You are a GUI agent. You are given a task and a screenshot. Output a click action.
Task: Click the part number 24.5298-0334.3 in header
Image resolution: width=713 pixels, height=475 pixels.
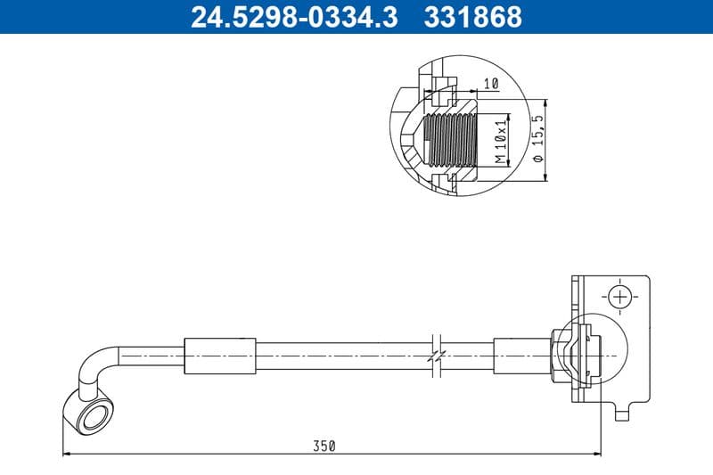click(x=295, y=17)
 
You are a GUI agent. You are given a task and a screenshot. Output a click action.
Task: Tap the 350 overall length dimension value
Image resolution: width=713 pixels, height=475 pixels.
click(x=324, y=446)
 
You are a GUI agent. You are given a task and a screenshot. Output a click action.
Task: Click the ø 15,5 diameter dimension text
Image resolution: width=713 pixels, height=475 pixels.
click(x=537, y=138)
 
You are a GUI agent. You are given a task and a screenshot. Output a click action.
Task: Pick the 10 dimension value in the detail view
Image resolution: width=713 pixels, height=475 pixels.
click(x=489, y=84)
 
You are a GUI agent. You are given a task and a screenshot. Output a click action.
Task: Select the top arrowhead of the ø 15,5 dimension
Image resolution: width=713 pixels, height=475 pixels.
click(x=543, y=101)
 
